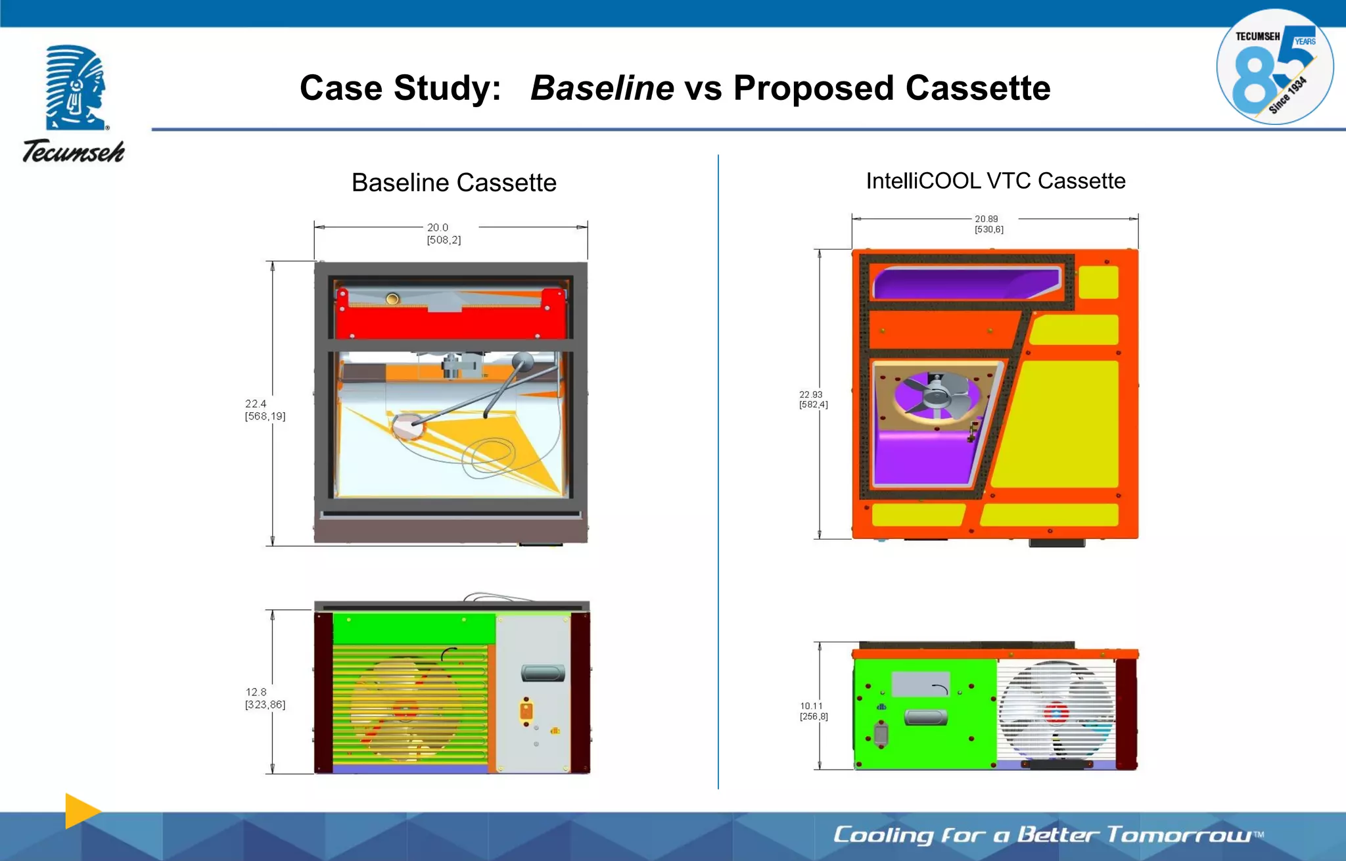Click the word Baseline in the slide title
pyautogui.click(x=602, y=88)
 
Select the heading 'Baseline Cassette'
pyautogui.click(x=453, y=182)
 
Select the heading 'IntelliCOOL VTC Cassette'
pyautogui.click(x=995, y=181)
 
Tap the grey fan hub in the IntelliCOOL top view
pyautogui.click(x=937, y=395)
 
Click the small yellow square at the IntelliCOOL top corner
pyautogui.click(x=1098, y=282)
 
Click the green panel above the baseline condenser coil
pyautogui.click(x=414, y=628)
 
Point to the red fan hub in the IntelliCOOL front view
pyautogui.click(x=1056, y=713)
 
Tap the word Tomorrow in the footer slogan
pyautogui.click(x=1180, y=835)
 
